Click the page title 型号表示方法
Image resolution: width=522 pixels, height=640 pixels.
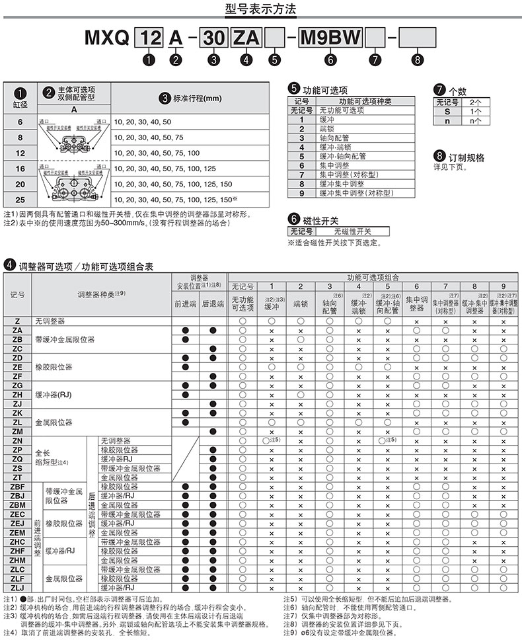click(x=261, y=9)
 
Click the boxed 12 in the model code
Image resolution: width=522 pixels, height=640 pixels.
click(x=151, y=38)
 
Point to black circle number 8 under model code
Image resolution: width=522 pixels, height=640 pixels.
click(x=416, y=60)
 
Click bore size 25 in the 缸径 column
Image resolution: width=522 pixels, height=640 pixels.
click(x=19, y=198)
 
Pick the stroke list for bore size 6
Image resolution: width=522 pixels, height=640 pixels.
click(x=143, y=122)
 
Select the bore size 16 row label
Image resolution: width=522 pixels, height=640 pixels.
click(x=19, y=169)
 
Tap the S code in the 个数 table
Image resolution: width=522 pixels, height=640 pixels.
click(x=447, y=112)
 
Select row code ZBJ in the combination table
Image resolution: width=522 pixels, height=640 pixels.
click(x=18, y=495)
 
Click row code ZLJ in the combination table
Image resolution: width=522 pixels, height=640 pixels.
click(x=18, y=588)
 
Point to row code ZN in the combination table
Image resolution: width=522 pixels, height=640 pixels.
click(x=18, y=440)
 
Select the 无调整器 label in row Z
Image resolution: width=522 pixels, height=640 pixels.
click(x=50, y=321)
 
